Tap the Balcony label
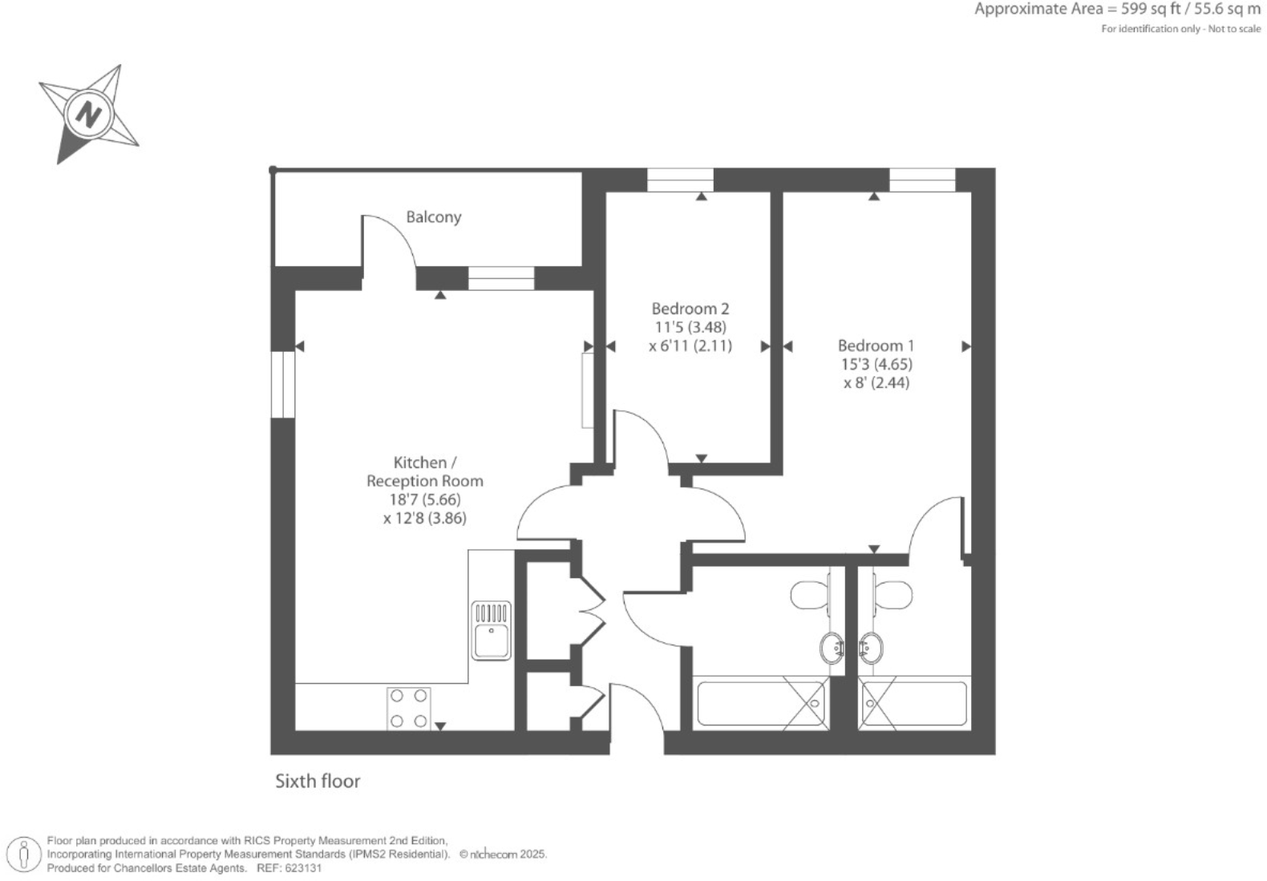(433, 217)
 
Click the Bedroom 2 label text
(690, 309)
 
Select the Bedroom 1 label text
(876, 346)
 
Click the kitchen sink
(491, 631)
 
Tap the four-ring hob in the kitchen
(408, 709)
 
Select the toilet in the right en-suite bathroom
(893, 596)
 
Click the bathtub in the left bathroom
(760, 704)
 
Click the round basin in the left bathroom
(832, 646)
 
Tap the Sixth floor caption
(318, 781)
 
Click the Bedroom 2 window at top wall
(680, 180)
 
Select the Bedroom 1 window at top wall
(922, 180)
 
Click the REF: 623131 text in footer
(289, 868)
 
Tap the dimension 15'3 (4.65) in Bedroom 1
(876, 364)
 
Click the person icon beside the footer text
(24, 855)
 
